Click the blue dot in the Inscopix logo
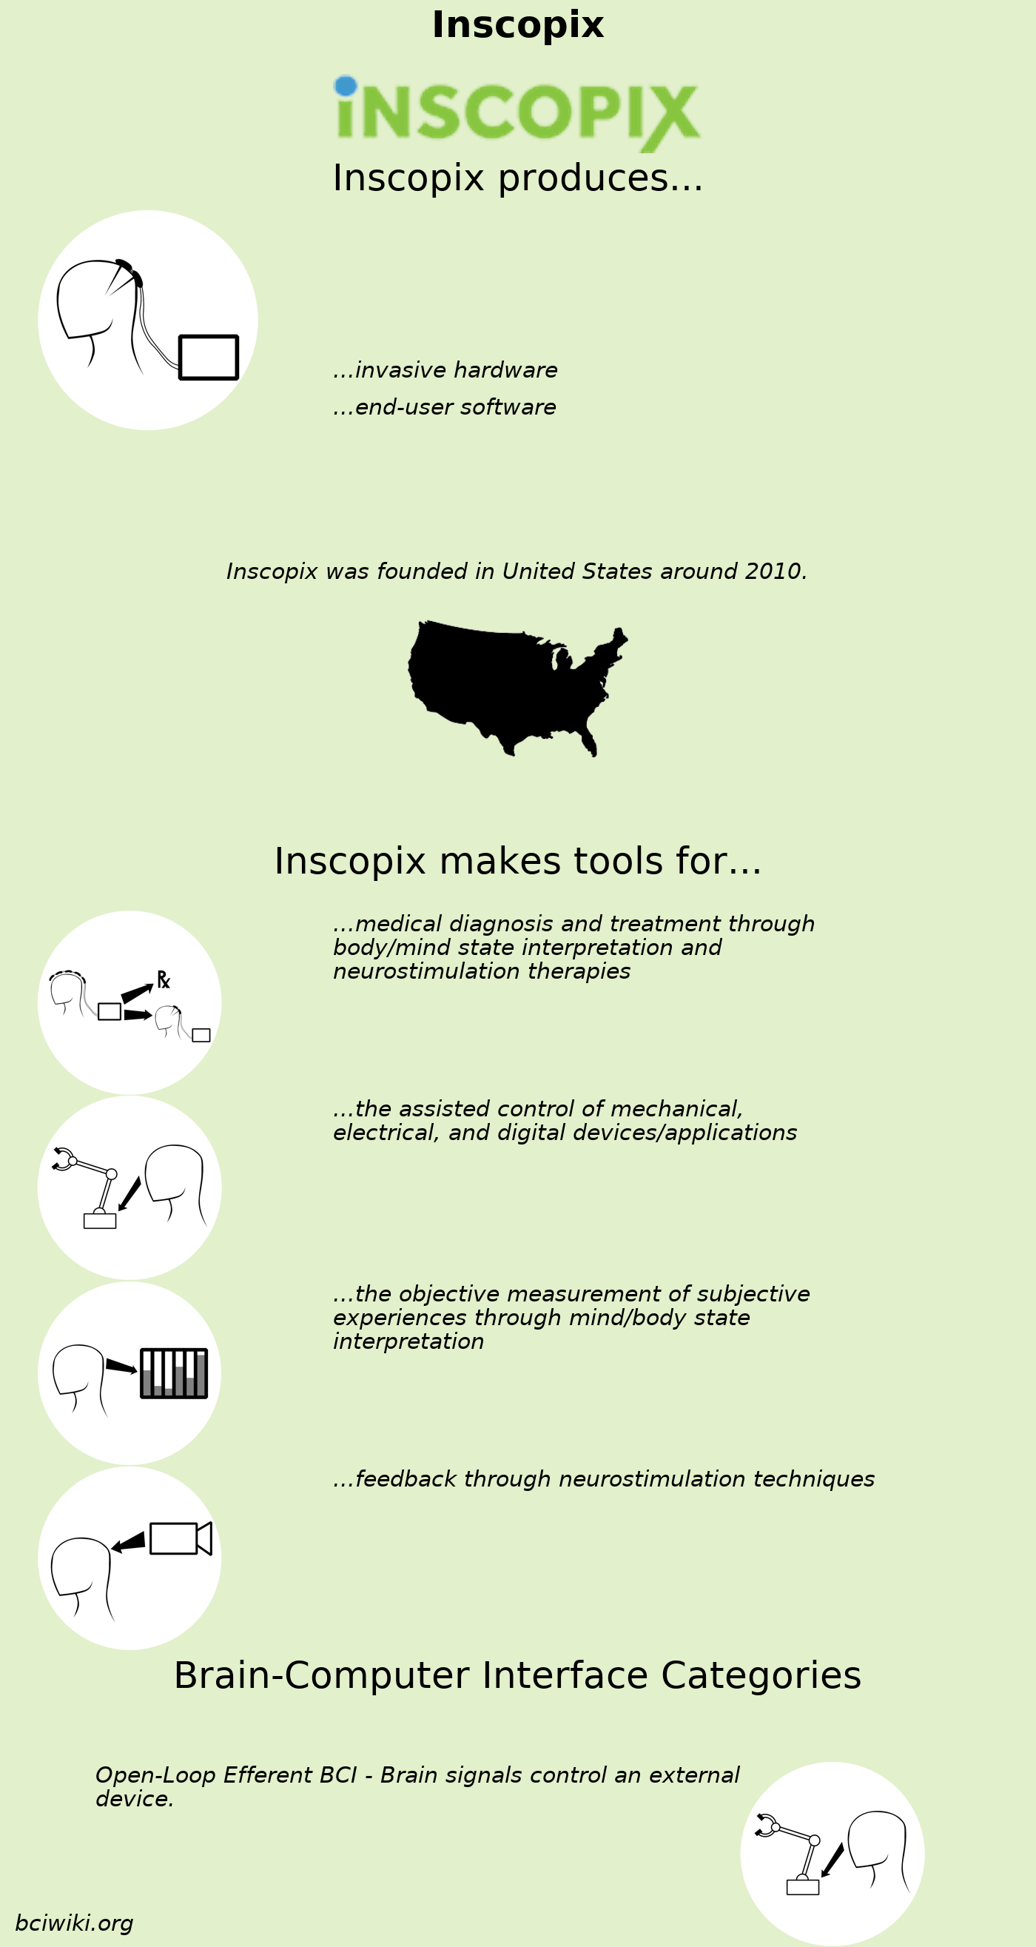pos(346,85)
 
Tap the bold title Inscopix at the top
pos(517,25)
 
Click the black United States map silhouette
pos(514,684)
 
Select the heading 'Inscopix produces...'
pos(517,178)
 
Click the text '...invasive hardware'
pos(445,370)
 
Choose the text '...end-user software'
pos(444,407)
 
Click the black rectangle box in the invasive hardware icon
pos(209,357)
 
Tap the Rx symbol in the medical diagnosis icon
pos(164,979)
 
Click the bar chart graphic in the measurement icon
pos(174,1373)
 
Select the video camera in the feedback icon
pos(180,1538)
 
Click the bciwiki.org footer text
pos(74,1923)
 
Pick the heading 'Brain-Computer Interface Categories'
pos(517,1675)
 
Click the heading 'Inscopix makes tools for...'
pos(517,862)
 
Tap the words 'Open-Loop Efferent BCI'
pos(225,1775)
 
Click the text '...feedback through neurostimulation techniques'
pos(604,1479)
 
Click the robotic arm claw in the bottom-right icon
pos(765,1825)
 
